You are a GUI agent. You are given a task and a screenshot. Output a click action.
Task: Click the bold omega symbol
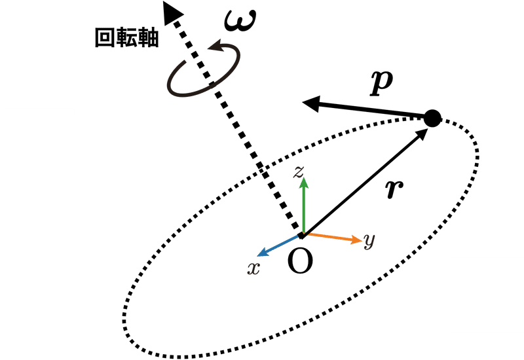[240, 21]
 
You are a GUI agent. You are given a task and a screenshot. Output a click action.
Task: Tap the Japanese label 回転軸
[126, 38]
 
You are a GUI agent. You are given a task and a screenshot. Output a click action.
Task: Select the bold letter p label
[381, 84]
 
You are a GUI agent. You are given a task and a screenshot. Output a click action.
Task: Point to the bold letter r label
[394, 189]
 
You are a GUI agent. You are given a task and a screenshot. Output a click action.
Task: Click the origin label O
[300, 261]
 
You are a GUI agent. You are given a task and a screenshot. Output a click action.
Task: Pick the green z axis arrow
[303, 205]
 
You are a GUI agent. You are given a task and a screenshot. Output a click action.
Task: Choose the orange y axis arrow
[333, 237]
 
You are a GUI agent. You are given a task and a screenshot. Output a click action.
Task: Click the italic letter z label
[299, 171]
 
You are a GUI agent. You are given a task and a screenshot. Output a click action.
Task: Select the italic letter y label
[369, 241]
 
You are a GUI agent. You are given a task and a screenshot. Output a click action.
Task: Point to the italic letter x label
[253, 268]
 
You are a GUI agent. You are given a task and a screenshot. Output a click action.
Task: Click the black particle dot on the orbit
[432, 118]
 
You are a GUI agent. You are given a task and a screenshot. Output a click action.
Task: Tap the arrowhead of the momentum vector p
[310, 103]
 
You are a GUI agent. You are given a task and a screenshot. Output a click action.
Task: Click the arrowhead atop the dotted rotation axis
[172, 12]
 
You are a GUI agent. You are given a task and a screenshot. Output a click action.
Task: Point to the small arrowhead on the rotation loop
[216, 46]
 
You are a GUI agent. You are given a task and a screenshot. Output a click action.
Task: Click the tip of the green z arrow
[304, 177]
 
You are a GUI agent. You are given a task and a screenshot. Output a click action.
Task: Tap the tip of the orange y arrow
[362, 240]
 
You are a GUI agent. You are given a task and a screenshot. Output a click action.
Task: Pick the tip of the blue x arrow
[257, 256]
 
